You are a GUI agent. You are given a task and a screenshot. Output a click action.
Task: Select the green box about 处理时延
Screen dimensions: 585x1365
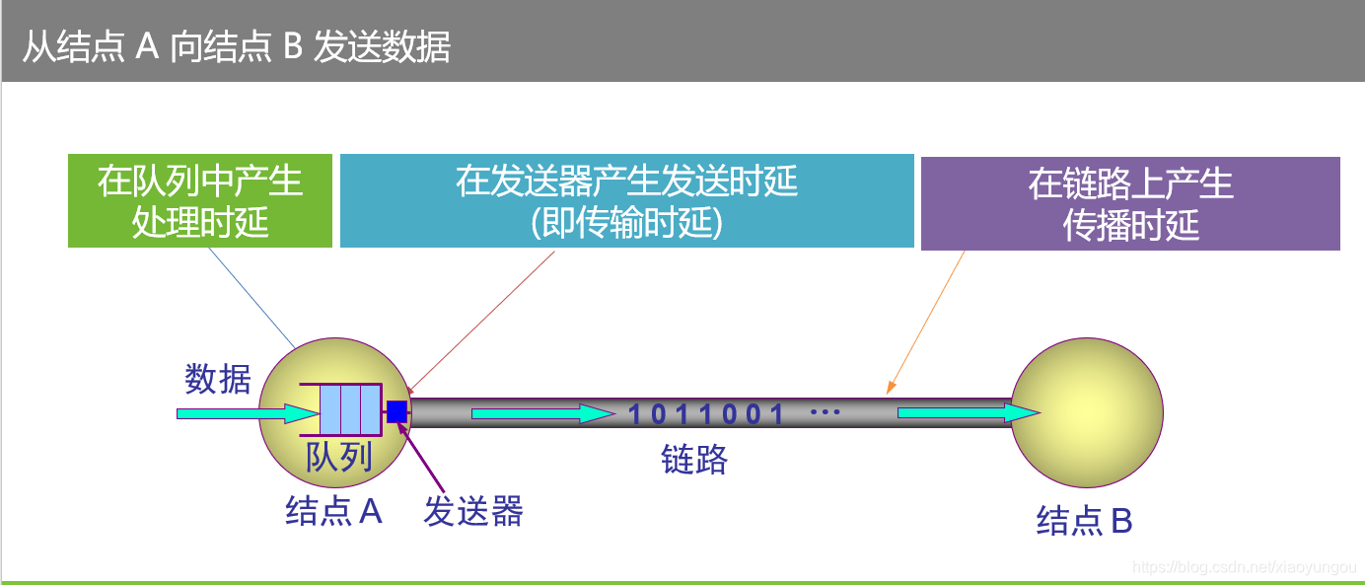(x=200, y=200)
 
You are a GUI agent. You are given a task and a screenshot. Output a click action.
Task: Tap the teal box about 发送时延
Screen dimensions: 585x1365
(x=626, y=200)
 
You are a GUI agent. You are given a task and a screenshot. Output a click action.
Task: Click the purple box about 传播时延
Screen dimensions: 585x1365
(x=1130, y=203)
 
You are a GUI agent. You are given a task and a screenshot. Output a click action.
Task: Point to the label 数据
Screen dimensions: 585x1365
(x=218, y=379)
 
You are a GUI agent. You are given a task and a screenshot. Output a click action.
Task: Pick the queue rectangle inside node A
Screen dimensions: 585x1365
(x=350, y=409)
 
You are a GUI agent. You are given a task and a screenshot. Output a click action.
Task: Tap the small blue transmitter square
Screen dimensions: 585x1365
(x=397, y=412)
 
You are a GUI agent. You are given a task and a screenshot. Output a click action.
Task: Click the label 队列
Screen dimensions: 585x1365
(x=338, y=457)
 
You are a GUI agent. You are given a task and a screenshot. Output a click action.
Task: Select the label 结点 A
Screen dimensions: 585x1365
(x=333, y=511)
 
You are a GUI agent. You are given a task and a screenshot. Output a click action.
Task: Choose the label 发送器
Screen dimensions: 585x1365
(x=473, y=511)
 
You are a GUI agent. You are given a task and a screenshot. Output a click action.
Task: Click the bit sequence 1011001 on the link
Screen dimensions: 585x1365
(x=706, y=413)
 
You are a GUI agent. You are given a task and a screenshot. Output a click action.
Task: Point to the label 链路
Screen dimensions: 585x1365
(x=694, y=460)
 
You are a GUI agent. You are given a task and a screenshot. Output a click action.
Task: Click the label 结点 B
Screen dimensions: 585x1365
(x=1084, y=521)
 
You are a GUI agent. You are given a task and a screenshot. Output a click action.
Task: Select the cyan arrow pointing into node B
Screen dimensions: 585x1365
(x=967, y=413)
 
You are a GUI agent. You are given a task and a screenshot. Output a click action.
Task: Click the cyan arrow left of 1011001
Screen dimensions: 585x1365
(x=542, y=413)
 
